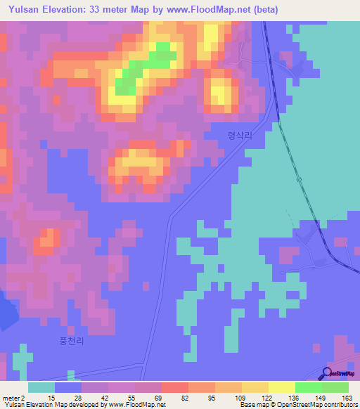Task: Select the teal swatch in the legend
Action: [41, 387]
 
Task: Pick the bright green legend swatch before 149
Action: [309, 387]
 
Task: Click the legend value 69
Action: [160, 398]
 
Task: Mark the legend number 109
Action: [241, 398]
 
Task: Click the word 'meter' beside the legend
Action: [10, 398]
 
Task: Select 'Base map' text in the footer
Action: [252, 405]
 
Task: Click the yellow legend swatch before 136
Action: [282, 387]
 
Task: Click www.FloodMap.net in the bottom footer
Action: [136, 405]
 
